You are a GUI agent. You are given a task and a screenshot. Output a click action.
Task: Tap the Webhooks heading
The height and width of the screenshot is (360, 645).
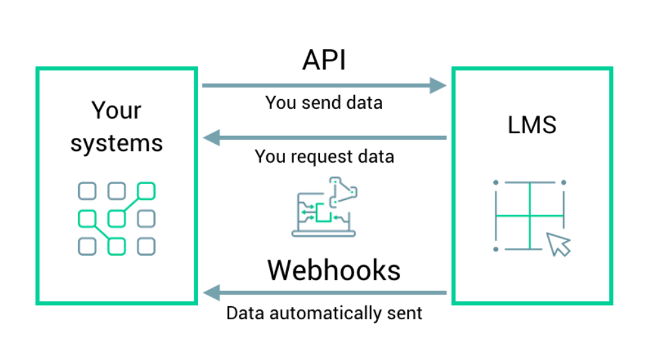pos(334,270)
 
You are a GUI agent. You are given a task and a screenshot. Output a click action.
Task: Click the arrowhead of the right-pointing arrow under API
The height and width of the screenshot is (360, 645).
pos(439,85)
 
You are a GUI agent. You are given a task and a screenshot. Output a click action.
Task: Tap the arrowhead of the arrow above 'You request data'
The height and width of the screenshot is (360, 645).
pos(211,138)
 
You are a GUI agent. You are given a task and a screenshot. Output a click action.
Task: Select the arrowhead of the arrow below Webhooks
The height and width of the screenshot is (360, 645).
pos(211,293)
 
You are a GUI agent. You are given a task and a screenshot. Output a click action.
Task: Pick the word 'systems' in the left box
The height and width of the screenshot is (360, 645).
pos(117,142)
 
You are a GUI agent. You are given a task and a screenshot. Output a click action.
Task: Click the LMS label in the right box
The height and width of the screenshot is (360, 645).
pos(532,124)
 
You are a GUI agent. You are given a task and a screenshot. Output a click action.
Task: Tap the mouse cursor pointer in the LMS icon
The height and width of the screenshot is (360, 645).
pos(558,244)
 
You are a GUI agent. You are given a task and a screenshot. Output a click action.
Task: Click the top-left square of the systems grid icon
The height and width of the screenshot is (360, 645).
pos(87,191)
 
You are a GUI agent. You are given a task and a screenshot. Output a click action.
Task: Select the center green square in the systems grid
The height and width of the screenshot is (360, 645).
pos(117,219)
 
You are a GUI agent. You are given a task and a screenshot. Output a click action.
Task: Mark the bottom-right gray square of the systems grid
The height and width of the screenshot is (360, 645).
pos(146,247)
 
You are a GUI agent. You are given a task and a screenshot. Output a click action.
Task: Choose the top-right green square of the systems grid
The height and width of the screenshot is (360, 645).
pos(146,191)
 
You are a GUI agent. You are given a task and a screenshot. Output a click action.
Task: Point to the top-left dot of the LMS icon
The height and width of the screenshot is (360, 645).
pos(496,183)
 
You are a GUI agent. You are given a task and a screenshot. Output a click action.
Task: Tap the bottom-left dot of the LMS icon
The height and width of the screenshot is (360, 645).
pos(496,249)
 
